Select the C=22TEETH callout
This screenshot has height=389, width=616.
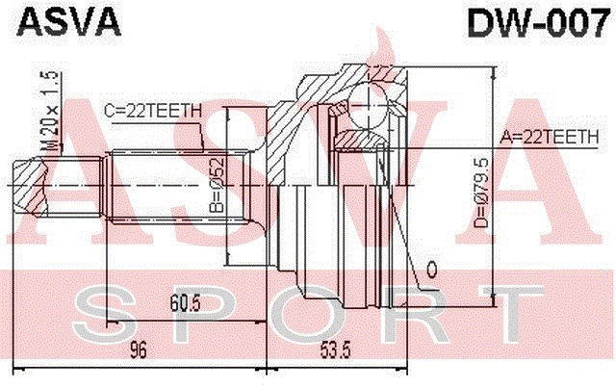152,112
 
